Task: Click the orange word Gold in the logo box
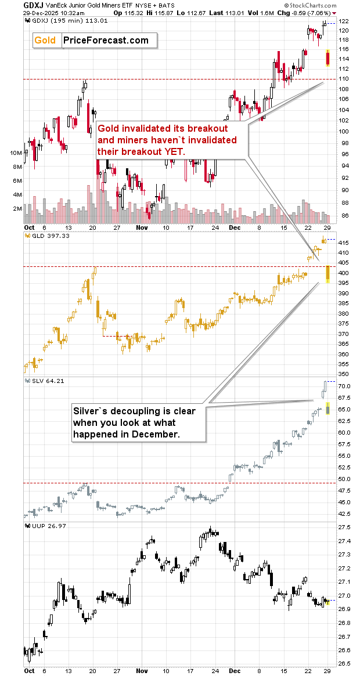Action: pyautogui.click(x=45, y=40)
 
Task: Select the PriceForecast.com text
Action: pyautogui.click(x=105, y=40)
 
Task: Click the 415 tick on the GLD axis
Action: pyautogui.click(x=343, y=243)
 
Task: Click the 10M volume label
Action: pyautogui.click(x=16, y=153)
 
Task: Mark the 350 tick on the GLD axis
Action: pyautogui.click(x=343, y=374)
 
